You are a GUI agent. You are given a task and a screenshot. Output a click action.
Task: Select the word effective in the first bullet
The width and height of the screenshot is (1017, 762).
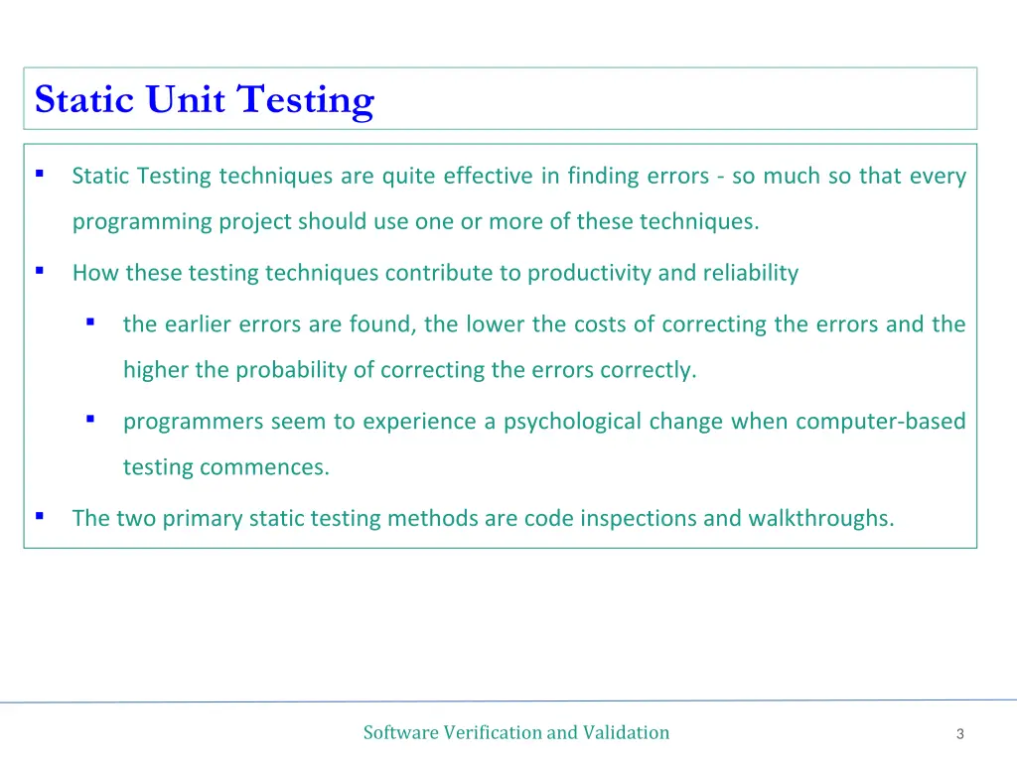(488, 177)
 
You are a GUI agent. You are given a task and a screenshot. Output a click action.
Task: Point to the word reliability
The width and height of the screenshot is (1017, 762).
(751, 273)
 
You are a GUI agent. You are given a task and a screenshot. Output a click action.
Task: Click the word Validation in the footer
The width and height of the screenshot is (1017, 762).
(626, 733)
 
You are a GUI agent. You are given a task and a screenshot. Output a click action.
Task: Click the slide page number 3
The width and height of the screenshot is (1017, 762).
(960, 734)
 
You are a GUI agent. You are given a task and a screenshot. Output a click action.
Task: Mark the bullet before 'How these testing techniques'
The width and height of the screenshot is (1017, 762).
(40, 270)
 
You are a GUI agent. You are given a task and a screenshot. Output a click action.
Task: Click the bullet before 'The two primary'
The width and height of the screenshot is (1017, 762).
(40, 516)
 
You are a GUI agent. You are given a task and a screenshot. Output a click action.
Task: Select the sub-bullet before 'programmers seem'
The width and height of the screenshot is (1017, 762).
(90, 420)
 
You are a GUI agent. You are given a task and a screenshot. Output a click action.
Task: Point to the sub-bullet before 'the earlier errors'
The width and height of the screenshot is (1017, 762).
(90, 322)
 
